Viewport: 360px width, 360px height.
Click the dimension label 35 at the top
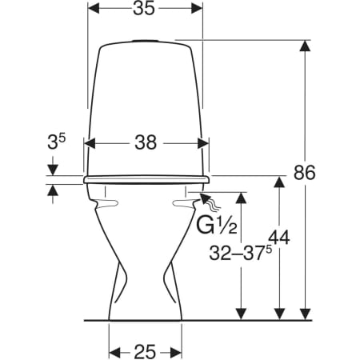[144, 9]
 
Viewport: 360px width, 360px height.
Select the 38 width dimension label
[146, 142]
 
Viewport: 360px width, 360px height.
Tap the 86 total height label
[305, 173]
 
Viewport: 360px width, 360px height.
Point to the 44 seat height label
[279, 238]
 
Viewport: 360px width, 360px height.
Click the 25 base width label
[145, 351]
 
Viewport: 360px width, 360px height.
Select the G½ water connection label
[217, 226]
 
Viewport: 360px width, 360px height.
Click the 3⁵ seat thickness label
[56, 142]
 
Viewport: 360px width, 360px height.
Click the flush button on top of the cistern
[146, 41]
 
